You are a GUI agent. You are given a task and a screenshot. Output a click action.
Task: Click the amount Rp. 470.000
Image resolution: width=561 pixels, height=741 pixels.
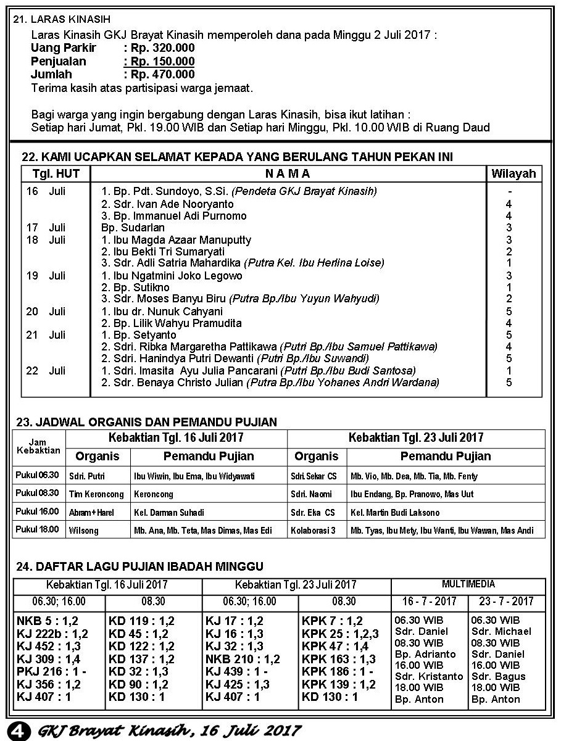point(159,75)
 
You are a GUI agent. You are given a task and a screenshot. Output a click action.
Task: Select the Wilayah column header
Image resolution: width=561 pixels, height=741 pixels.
point(513,173)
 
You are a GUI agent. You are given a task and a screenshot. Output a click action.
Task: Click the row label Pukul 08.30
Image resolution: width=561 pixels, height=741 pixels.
point(38,493)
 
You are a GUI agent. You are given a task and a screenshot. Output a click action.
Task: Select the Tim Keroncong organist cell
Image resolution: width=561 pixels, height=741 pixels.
point(96,494)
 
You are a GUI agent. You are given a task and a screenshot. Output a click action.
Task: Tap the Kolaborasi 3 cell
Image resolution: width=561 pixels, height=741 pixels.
point(313,530)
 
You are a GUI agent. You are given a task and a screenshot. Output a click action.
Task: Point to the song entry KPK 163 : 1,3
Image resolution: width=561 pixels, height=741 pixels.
point(339,658)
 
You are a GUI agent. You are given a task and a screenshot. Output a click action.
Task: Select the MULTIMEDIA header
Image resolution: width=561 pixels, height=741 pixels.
point(468,584)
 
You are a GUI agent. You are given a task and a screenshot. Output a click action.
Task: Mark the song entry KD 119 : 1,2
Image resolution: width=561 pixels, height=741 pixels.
point(141,621)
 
